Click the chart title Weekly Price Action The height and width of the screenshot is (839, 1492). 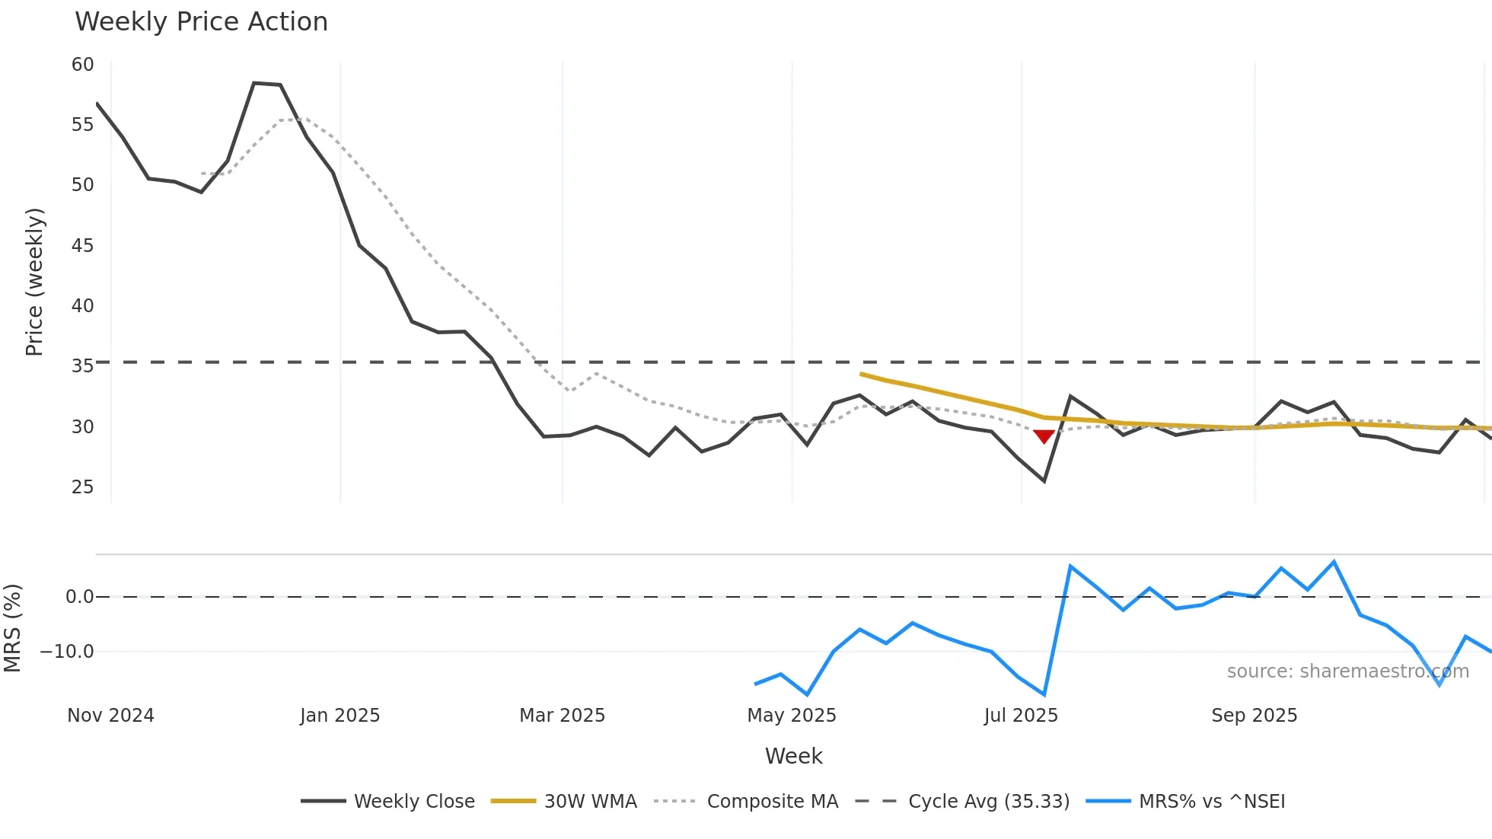click(201, 22)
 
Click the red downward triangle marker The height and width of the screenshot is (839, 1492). click(1044, 435)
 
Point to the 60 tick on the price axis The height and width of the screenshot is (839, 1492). click(82, 65)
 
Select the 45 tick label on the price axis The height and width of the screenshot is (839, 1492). click(82, 245)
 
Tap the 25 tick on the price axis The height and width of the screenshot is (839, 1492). click(82, 486)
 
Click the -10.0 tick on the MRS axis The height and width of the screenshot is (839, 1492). click(67, 652)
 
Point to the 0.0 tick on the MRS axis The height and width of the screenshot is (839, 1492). click(79, 597)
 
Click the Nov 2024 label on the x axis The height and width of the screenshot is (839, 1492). click(110, 716)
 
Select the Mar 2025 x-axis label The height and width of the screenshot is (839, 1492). click(562, 716)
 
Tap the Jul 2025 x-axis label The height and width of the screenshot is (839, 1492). click(1020, 716)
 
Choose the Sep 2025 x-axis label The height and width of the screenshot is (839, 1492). click(1254, 716)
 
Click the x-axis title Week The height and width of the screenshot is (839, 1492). click(793, 756)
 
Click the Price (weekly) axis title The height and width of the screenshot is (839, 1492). click(34, 282)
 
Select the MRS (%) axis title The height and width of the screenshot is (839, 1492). click(13, 628)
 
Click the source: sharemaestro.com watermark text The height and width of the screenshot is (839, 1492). click(1347, 672)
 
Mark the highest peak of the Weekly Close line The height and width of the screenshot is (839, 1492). click(254, 83)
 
